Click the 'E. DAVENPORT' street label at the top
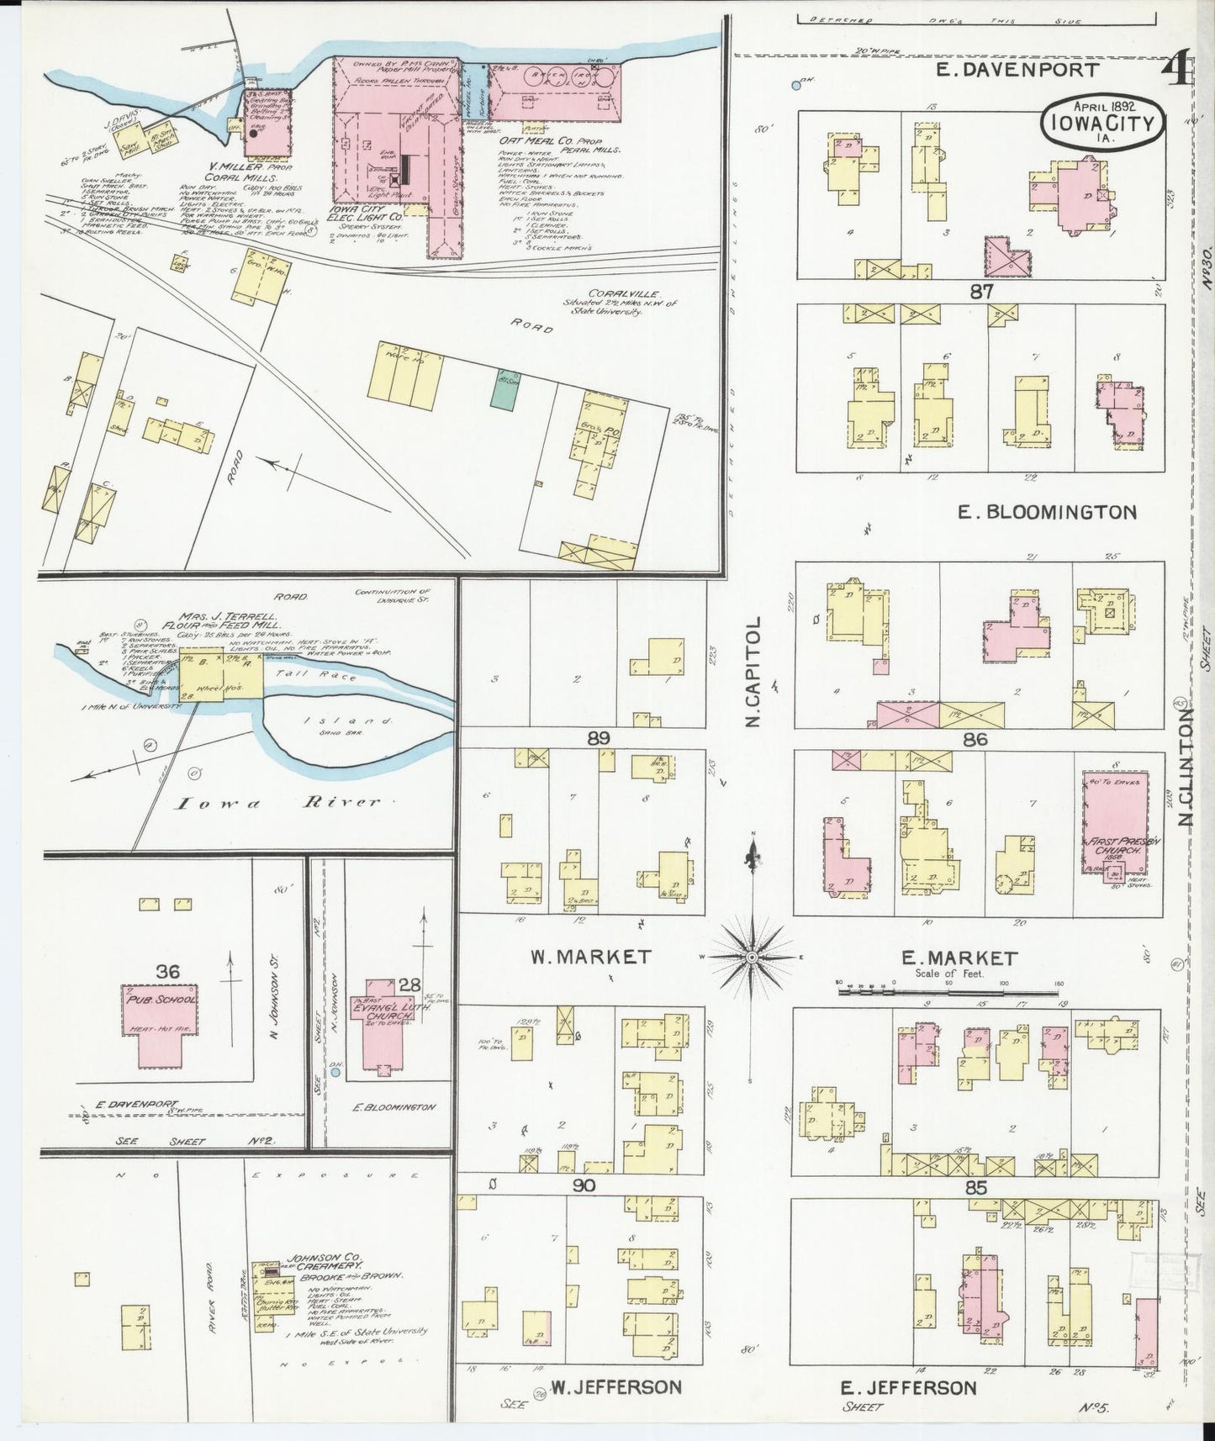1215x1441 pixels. coord(1017,70)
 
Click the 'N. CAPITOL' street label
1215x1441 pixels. coord(753,672)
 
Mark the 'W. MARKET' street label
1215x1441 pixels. coord(591,956)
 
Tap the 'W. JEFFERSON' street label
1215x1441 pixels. coord(615,1386)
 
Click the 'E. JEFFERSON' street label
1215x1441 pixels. coord(910,1387)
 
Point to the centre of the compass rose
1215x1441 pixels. coord(752,957)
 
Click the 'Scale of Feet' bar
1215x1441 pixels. coord(948,993)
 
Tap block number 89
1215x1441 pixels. coord(598,739)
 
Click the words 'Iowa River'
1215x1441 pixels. coord(278,803)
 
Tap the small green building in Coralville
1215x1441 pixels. coord(507,392)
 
